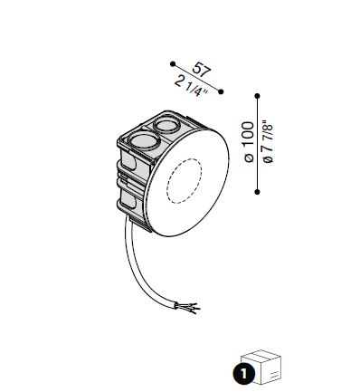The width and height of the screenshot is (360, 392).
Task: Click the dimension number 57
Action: point(201,70)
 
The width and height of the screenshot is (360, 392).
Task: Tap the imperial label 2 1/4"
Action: point(191,87)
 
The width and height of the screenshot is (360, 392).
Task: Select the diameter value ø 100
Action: point(249,142)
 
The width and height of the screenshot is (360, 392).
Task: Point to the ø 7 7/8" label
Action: point(268,142)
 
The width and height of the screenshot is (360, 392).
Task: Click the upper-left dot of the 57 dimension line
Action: point(173,64)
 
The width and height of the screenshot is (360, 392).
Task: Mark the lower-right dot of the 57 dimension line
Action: point(221,91)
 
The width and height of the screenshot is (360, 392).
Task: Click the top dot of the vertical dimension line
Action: point(257,96)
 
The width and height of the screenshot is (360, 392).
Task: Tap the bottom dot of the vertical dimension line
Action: point(257,192)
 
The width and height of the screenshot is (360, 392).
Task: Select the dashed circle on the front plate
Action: point(166,181)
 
